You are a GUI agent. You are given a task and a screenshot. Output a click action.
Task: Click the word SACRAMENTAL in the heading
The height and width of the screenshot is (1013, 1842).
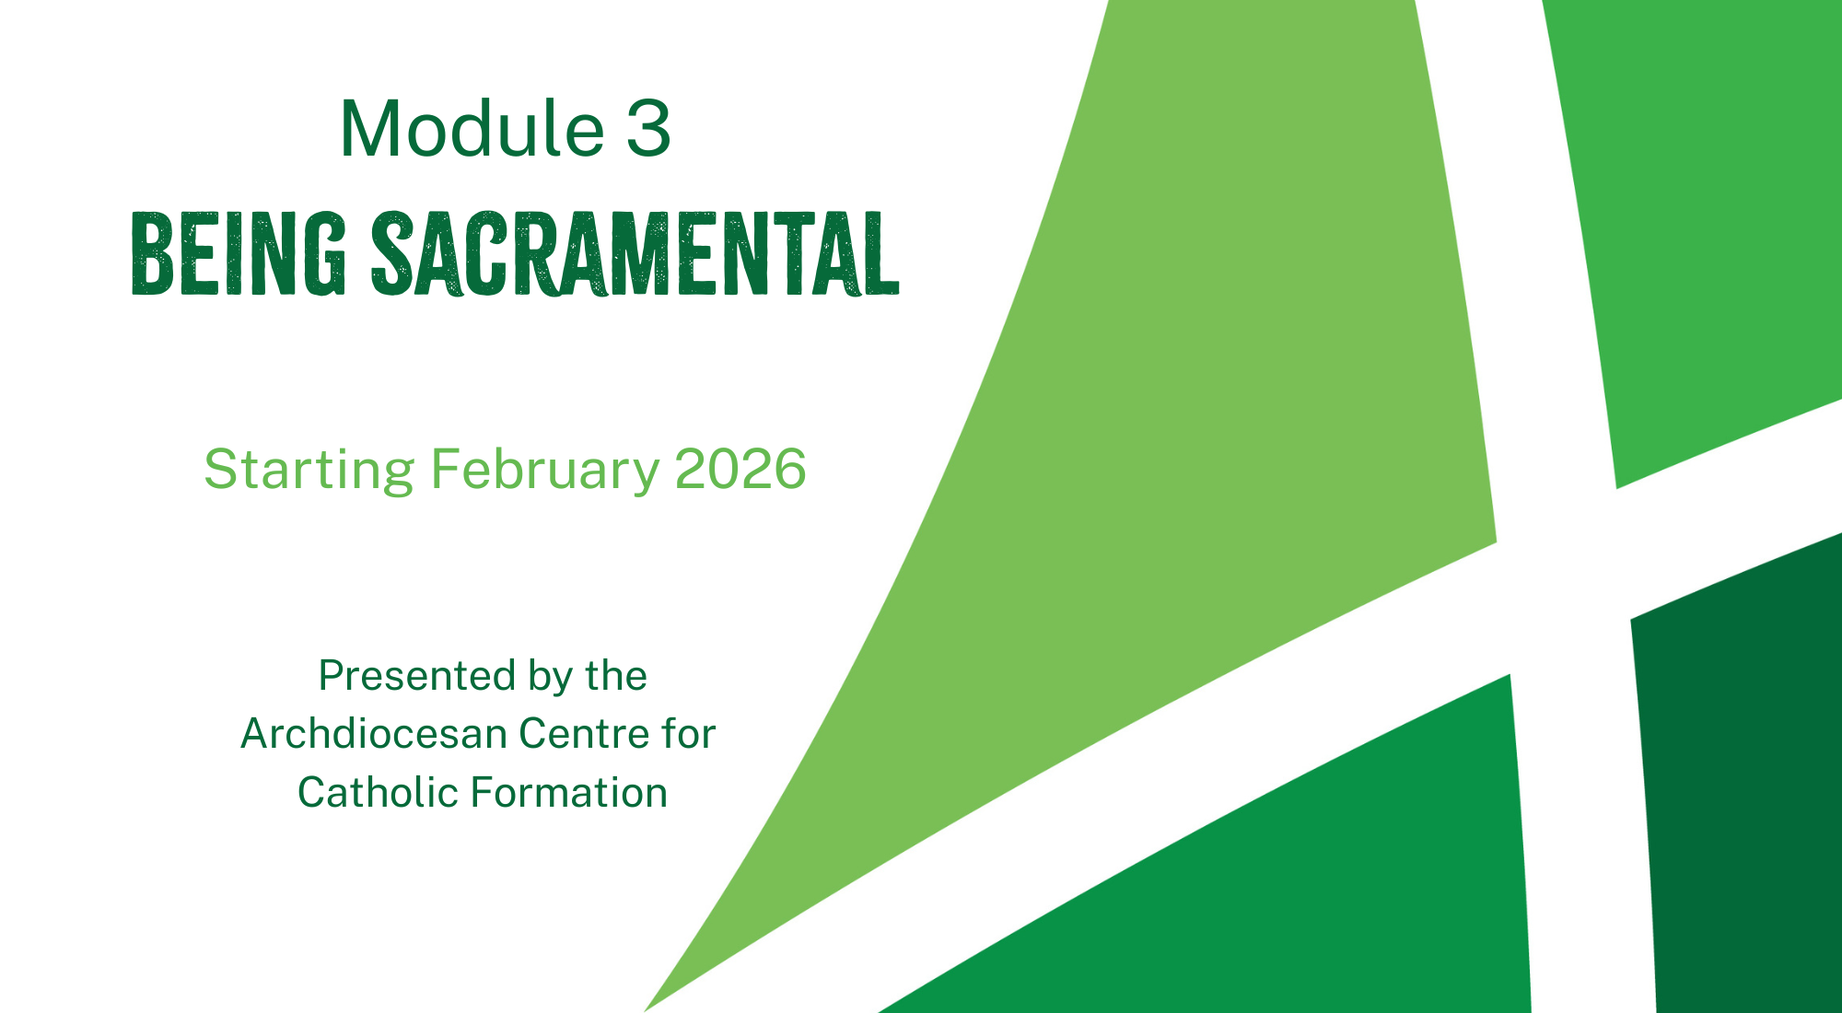(x=635, y=253)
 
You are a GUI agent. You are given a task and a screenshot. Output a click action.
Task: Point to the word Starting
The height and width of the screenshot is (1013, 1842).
(x=309, y=471)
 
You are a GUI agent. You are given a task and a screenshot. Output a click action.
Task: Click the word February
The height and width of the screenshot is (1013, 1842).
(x=545, y=471)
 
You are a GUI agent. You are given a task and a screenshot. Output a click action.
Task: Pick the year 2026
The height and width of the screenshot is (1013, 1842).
(x=740, y=469)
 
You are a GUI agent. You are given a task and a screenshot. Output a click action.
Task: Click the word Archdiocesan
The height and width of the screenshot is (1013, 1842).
(x=373, y=734)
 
